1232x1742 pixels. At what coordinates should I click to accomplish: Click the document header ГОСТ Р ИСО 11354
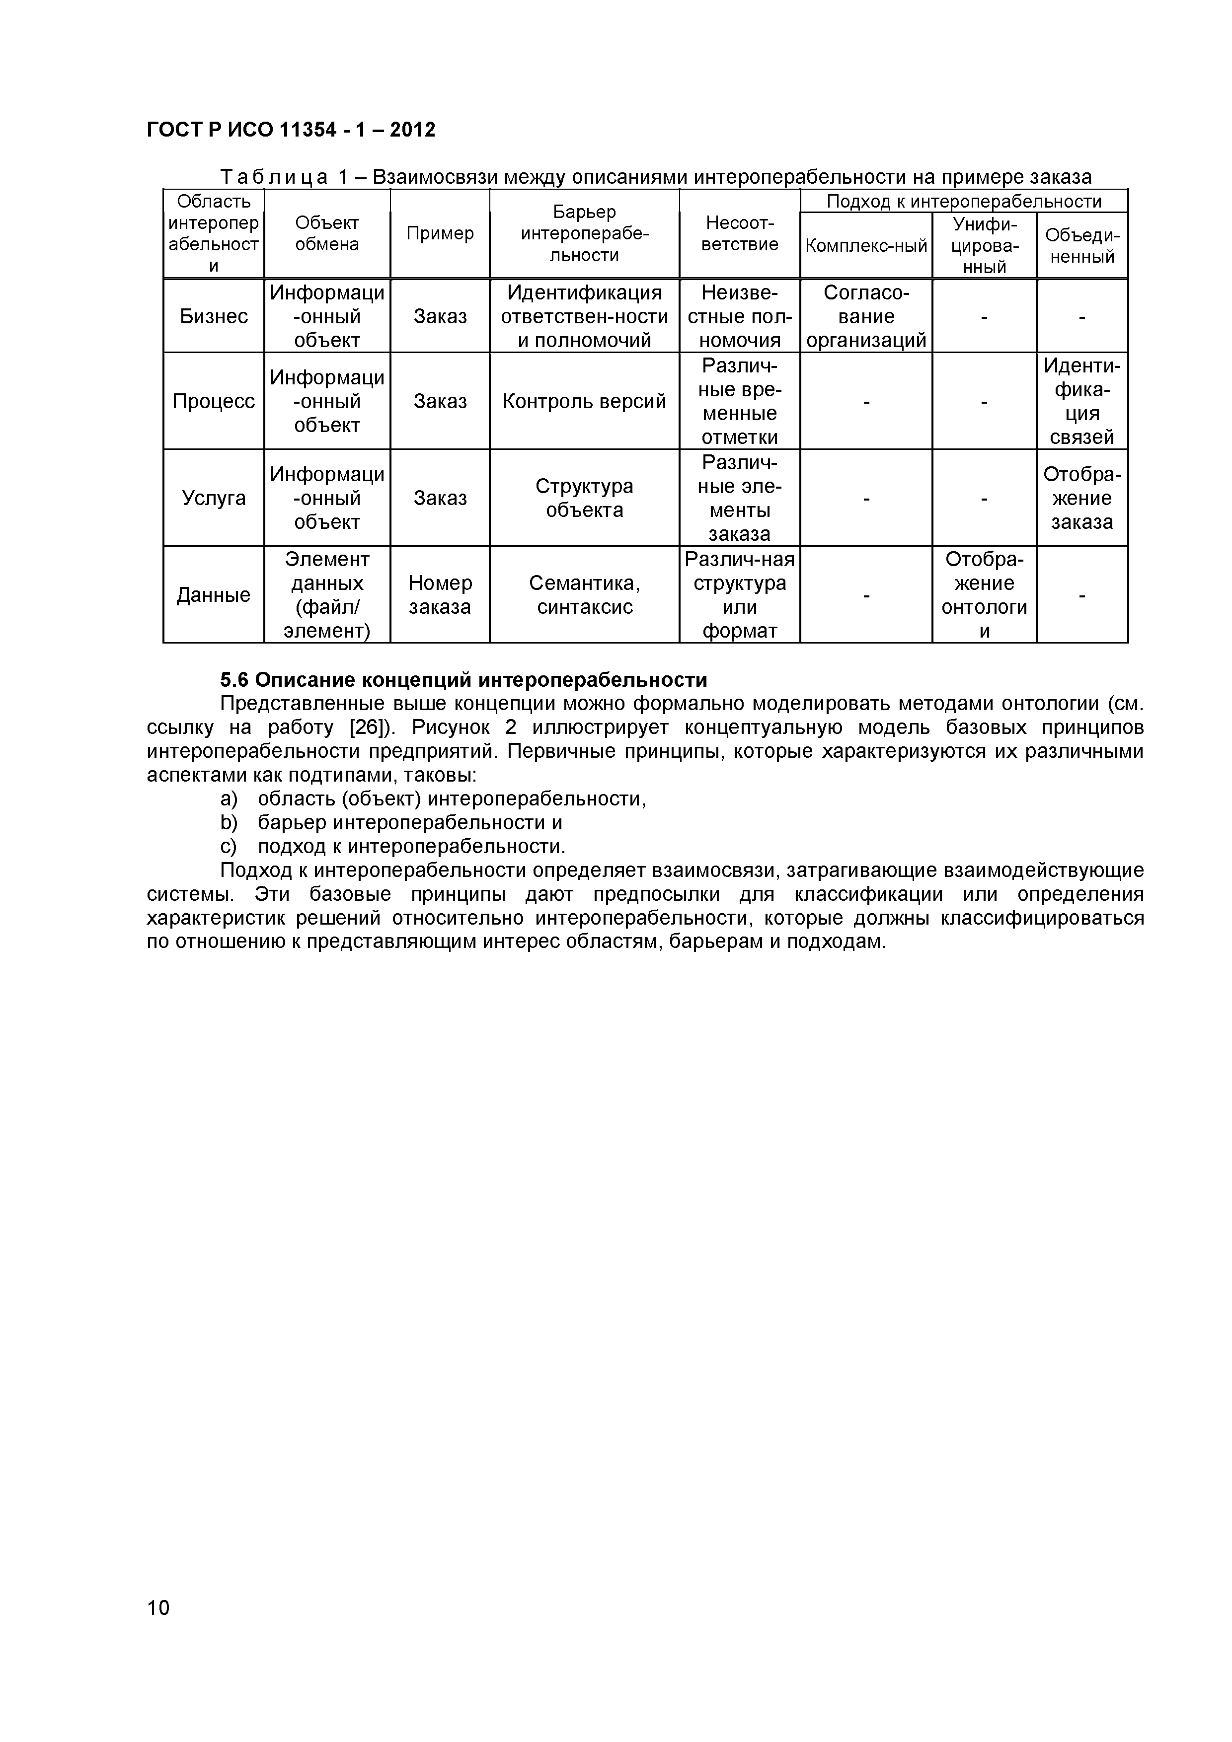pos(291,131)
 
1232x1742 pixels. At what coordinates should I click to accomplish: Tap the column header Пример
pos(440,234)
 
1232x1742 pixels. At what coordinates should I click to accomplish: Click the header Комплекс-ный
pos(865,246)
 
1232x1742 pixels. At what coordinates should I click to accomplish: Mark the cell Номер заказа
pos(440,595)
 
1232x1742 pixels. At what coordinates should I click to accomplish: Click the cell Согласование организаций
pos(865,316)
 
